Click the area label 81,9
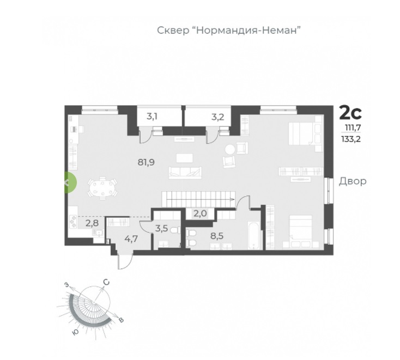[x=146, y=162]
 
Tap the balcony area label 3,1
[x=152, y=117]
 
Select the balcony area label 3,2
[x=218, y=117]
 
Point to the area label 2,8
[x=92, y=223]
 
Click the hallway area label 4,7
[x=131, y=239]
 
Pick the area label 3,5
[x=162, y=228]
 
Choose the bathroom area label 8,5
[x=217, y=236]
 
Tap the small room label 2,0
[x=200, y=213]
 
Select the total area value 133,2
[x=351, y=139]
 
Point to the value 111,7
[x=353, y=127]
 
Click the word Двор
[x=353, y=181]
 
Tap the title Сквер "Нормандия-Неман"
[x=229, y=30]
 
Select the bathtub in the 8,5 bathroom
[x=254, y=235]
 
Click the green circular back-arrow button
[x=69, y=182]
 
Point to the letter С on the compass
[x=106, y=282]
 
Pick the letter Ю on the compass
[x=76, y=332]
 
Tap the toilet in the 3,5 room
[x=175, y=231]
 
